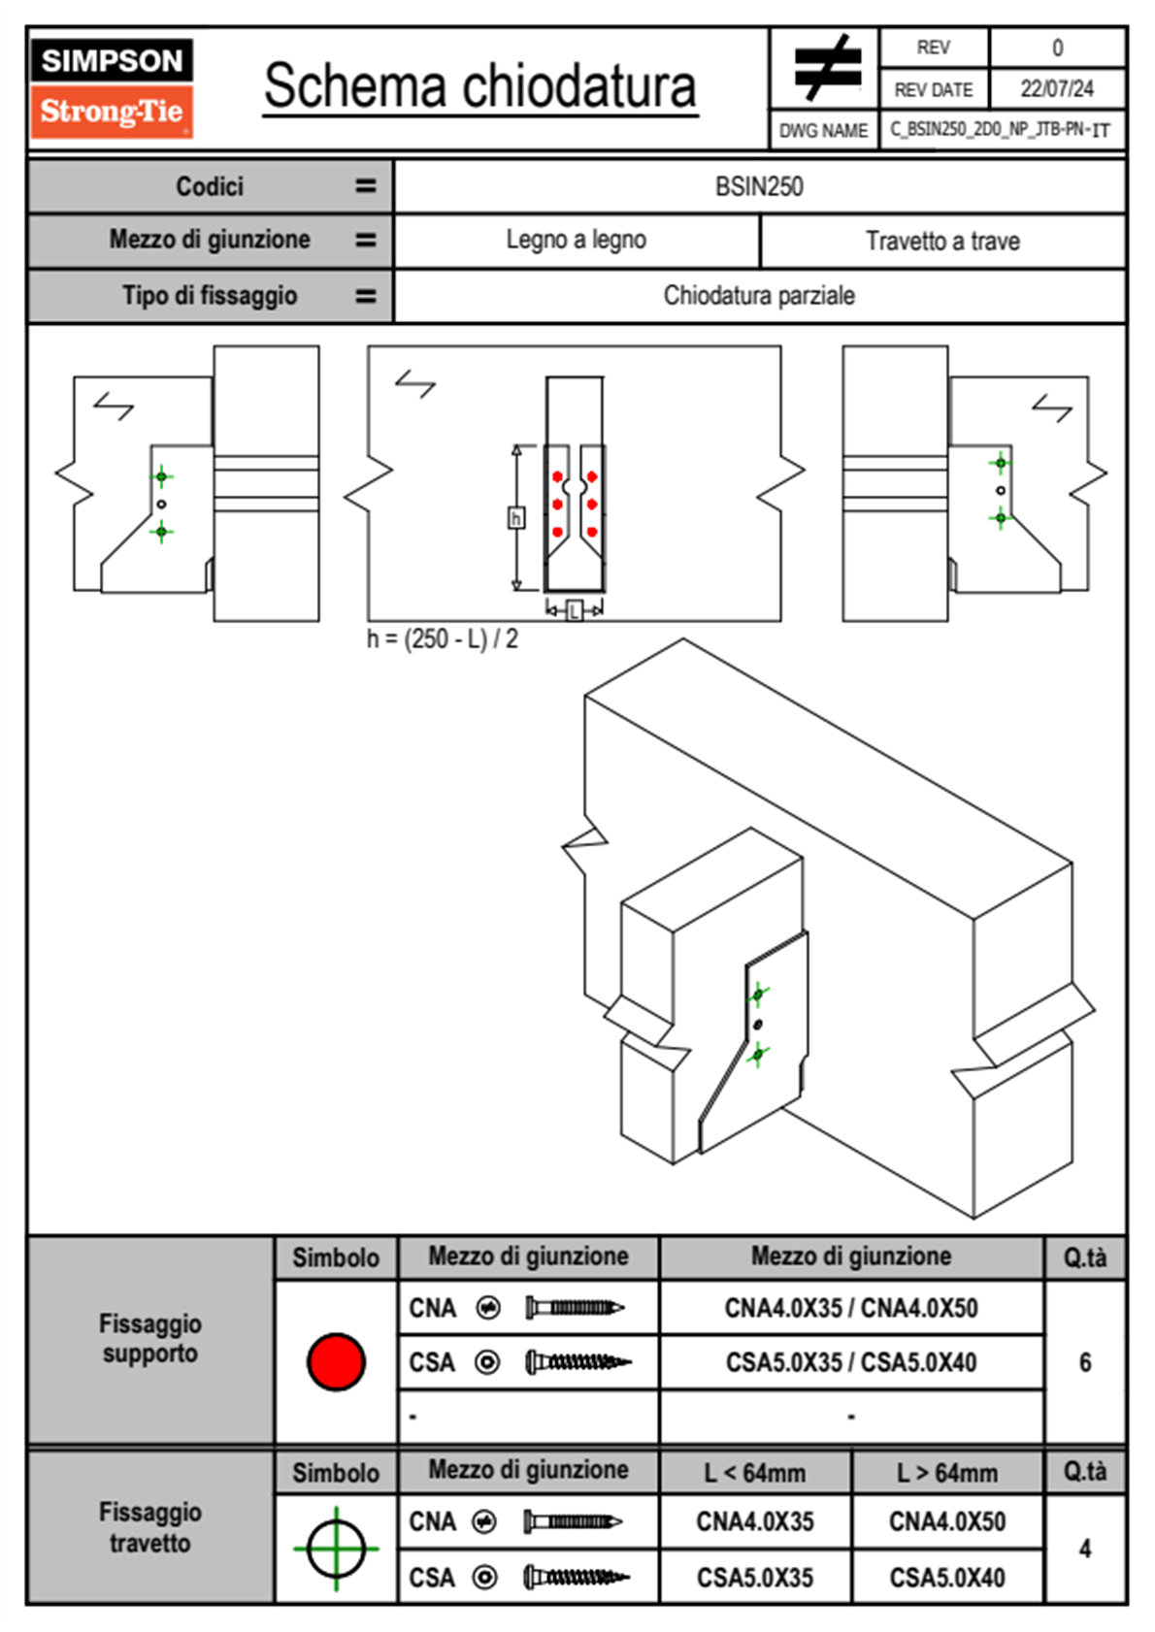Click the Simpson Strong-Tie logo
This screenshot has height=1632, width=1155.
click(111, 88)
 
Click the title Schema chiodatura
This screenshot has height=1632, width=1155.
click(479, 86)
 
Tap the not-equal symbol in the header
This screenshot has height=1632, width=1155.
click(826, 68)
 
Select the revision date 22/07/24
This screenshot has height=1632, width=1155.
click(1056, 89)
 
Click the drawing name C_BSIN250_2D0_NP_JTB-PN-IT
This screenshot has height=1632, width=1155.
click(1000, 130)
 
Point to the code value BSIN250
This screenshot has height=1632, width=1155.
click(759, 187)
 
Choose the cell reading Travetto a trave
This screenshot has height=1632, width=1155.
click(942, 242)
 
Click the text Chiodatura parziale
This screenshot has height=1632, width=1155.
click(759, 296)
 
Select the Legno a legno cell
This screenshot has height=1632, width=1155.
click(576, 241)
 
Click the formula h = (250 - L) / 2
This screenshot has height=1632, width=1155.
click(443, 639)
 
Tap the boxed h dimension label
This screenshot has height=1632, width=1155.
click(516, 518)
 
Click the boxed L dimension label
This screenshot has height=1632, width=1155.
click(574, 610)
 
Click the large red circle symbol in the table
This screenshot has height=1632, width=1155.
click(336, 1361)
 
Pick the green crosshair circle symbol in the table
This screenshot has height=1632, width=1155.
click(336, 1549)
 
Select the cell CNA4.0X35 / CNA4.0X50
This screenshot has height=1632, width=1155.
click(851, 1308)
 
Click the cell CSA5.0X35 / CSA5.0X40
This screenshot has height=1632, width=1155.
click(851, 1362)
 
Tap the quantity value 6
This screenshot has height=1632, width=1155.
click(1085, 1362)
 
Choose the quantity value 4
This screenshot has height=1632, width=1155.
click(1085, 1549)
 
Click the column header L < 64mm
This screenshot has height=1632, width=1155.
click(755, 1473)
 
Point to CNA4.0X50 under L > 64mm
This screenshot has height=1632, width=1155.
click(947, 1521)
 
